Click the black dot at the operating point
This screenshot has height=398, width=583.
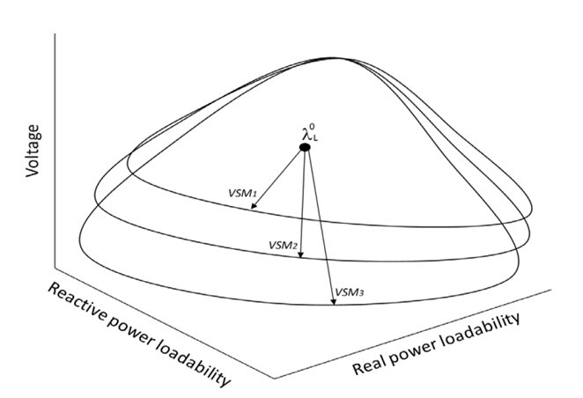305,148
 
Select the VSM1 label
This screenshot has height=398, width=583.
242,193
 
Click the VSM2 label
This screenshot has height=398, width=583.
283,246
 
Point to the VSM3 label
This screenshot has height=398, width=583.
349,292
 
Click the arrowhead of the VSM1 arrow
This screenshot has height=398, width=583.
254,206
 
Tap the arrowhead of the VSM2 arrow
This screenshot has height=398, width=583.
301,255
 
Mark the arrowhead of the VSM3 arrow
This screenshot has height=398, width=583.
334,302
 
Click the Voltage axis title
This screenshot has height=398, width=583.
33,151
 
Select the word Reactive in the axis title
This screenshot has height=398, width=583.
76,304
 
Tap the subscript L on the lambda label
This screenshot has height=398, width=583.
315,139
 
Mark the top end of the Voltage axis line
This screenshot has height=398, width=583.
55,33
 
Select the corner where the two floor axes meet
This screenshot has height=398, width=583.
275,379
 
